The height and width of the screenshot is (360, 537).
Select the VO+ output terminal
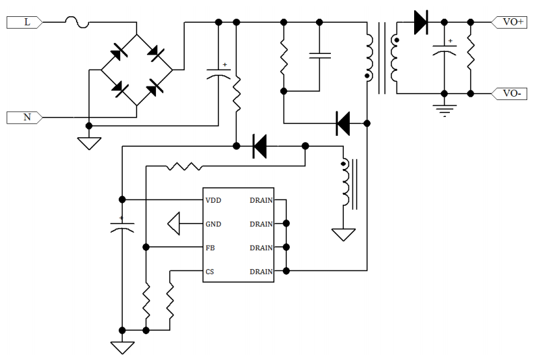point(513,22)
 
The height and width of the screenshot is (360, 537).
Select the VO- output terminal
point(513,94)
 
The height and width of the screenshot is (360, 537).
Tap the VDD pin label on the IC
point(213,200)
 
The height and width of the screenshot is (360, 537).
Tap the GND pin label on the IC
point(213,224)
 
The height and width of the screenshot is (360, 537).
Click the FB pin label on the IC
point(210,248)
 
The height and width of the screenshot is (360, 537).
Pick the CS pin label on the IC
point(209,272)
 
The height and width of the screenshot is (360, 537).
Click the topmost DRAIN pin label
point(261,200)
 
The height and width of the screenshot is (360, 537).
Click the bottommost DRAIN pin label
point(261,272)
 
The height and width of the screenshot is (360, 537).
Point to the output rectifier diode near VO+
point(421,23)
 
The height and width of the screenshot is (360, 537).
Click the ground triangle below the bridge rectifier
point(89,143)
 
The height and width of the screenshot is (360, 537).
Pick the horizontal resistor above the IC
point(184,166)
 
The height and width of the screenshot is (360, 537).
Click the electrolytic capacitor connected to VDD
point(121,227)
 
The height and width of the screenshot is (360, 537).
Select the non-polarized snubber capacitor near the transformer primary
point(319,55)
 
